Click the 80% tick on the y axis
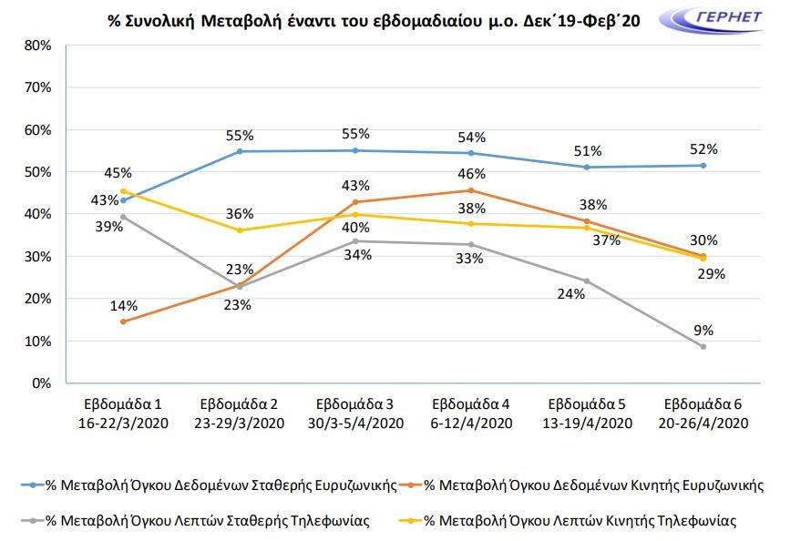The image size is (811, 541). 38,46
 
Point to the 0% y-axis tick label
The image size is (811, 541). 42,383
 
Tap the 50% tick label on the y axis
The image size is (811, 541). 38,172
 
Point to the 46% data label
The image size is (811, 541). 470,172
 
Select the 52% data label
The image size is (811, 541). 703,148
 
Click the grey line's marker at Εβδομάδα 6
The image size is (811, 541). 703,346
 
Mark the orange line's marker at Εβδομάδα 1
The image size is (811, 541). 123,322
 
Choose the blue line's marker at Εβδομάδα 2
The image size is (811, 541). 239,151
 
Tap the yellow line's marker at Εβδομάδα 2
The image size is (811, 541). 239,230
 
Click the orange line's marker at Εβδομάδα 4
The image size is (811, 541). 470,190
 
